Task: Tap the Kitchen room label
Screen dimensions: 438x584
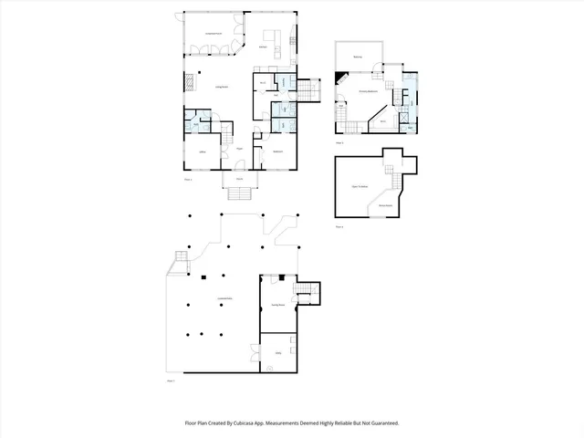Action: click(263, 46)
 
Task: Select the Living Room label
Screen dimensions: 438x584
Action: click(220, 87)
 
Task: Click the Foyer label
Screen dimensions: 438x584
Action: click(238, 148)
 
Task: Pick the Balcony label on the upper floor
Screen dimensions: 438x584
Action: click(358, 56)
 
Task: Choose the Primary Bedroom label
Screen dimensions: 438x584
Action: click(368, 92)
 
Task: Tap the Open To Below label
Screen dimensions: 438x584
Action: click(360, 187)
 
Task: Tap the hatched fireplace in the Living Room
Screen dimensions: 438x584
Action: click(190, 83)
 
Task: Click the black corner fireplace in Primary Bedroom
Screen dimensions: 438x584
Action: click(342, 79)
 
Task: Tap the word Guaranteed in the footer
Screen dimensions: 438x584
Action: click(381, 423)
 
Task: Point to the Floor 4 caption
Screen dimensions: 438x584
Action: click(339, 225)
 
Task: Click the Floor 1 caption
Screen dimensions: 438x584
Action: click(170, 381)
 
